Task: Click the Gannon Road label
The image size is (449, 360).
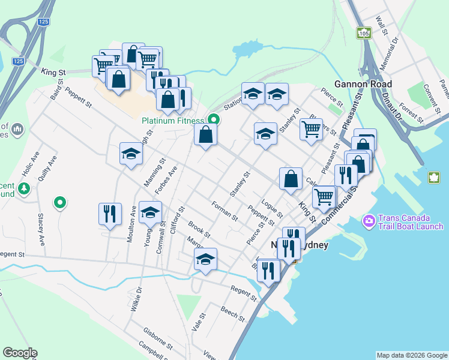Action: (363, 84)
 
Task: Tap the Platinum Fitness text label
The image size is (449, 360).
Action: (173, 120)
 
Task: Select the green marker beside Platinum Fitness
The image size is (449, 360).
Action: (212, 119)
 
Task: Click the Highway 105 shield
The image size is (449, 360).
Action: (363, 33)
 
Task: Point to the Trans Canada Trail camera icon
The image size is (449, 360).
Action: (369, 221)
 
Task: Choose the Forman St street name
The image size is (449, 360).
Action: (225, 211)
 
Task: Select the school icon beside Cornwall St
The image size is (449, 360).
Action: (150, 212)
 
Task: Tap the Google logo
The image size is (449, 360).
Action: (20, 353)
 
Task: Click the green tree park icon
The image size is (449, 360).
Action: (24, 189)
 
